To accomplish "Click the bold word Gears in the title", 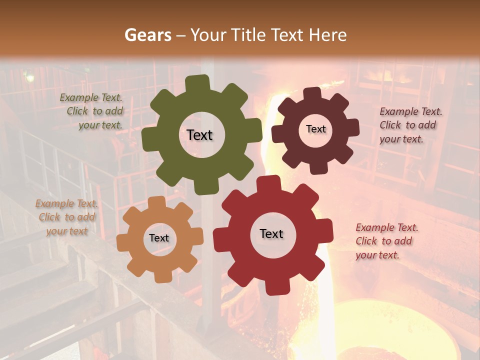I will [x=147, y=35].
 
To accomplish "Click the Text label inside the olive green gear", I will [x=199, y=135].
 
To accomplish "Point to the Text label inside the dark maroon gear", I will [x=315, y=129].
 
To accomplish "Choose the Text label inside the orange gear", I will [x=159, y=238].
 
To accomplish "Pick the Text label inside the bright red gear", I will [x=271, y=233].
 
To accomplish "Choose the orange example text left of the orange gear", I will [x=66, y=217].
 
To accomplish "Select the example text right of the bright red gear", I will [x=386, y=241].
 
